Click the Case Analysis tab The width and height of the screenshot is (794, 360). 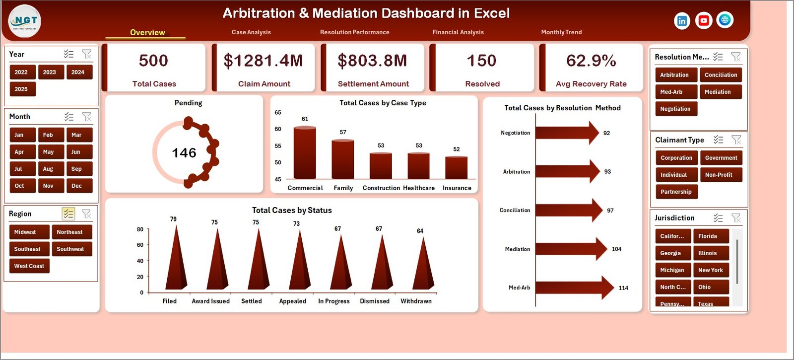(x=251, y=32)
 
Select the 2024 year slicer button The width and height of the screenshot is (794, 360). (x=78, y=72)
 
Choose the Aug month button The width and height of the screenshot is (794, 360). (x=48, y=169)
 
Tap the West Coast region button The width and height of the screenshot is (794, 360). (x=29, y=266)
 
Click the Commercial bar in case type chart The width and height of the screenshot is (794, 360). (x=305, y=153)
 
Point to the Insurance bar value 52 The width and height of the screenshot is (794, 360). (x=457, y=149)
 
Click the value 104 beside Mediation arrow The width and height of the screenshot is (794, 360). (x=616, y=249)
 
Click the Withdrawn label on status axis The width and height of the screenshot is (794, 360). (x=416, y=301)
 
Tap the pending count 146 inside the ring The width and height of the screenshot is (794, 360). (x=184, y=153)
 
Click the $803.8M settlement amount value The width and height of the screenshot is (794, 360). (x=372, y=61)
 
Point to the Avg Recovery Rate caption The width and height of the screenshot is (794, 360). (x=591, y=84)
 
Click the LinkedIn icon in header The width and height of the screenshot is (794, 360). (x=682, y=21)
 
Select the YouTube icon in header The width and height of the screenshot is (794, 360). (x=703, y=20)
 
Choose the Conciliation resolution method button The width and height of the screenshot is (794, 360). (x=721, y=75)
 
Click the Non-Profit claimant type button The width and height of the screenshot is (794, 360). (x=719, y=175)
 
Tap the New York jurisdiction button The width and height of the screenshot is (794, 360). (x=710, y=270)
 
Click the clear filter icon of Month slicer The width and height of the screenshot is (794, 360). (x=87, y=117)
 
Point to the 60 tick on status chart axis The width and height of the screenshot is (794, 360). (x=140, y=245)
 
